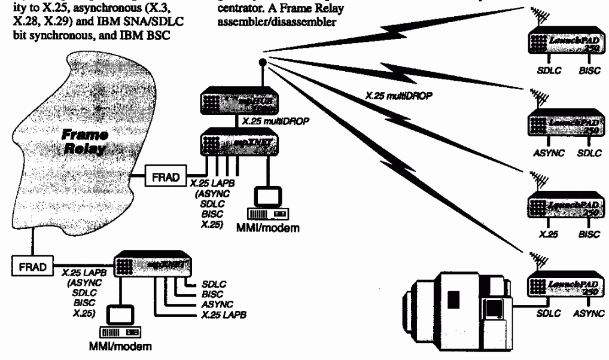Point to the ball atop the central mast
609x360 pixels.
click(261, 62)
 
